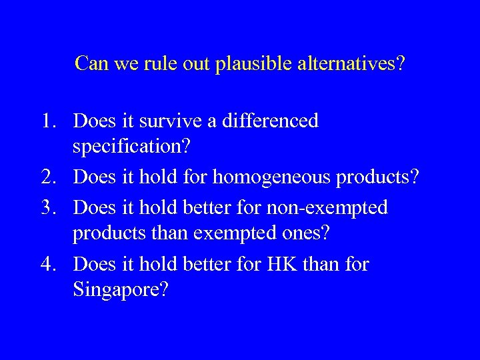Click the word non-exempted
[x=327, y=207]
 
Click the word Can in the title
[x=89, y=63]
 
